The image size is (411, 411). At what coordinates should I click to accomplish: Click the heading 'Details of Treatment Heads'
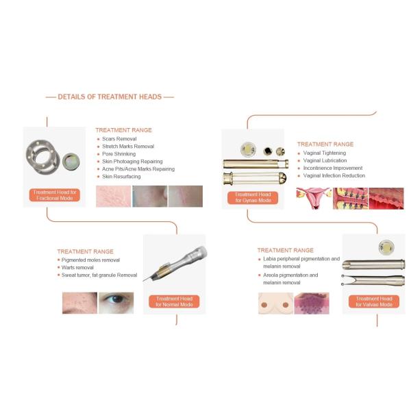click(110, 97)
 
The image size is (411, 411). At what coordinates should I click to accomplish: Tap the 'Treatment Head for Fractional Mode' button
click(55, 195)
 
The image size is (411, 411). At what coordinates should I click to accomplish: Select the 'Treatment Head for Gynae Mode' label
click(253, 197)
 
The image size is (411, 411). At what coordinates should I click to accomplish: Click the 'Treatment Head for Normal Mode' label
click(174, 301)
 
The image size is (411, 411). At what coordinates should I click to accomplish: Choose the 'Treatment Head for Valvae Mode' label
click(374, 301)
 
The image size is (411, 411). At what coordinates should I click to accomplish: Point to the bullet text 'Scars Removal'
click(119, 139)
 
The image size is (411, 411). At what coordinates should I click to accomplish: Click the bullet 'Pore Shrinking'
click(119, 154)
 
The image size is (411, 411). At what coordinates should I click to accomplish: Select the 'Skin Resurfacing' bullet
click(121, 177)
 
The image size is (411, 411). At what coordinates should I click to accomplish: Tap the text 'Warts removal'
click(77, 268)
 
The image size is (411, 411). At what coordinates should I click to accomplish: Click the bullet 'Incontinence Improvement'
click(333, 168)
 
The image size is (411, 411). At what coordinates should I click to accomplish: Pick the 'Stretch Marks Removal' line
click(128, 147)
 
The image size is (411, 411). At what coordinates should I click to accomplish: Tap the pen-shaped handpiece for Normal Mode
click(175, 264)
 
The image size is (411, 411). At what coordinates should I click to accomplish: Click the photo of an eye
click(116, 303)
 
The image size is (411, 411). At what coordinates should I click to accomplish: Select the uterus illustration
click(314, 198)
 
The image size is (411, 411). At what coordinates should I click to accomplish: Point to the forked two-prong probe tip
click(349, 280)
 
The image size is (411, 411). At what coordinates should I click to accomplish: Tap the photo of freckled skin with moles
click(79, 303)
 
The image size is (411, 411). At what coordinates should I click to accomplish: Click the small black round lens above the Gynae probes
click(268, 151)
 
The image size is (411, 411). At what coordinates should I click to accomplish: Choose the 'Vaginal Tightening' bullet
click(325, 153)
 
